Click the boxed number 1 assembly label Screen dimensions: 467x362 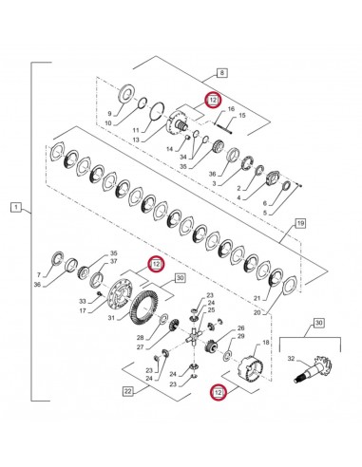pos(13,205)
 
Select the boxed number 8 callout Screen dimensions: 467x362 pos(222,72)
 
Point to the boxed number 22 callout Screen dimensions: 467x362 pos(127,390)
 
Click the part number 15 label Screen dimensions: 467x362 pos(241,117)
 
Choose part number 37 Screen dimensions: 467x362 pos(114,261)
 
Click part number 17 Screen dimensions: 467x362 pos(83,310)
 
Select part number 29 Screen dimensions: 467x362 pos(241,337)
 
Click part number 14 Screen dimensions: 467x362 pos(171,150)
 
